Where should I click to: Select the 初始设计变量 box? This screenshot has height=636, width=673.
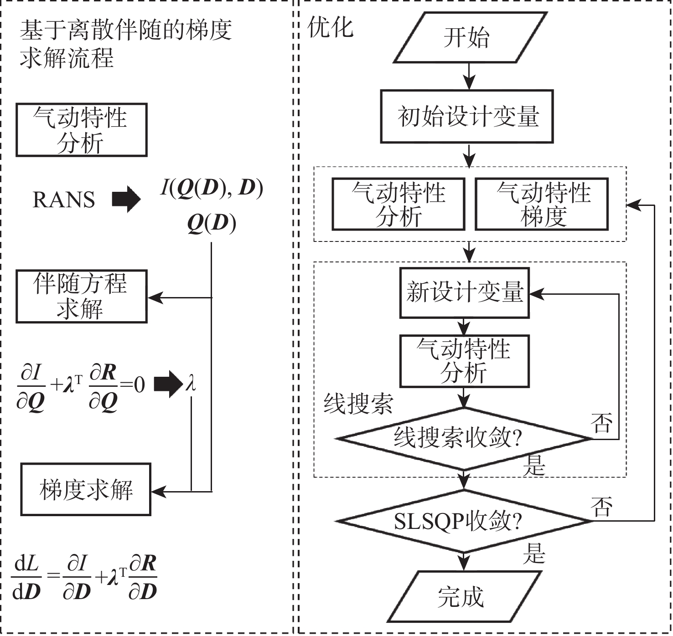467,117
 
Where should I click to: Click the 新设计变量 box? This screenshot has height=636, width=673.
464,292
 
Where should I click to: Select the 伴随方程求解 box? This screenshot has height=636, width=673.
81,297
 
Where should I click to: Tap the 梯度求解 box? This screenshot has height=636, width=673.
86,490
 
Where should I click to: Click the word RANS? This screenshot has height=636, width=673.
64,200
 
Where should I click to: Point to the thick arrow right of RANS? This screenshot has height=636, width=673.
126,199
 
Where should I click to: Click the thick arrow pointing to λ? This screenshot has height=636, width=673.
168,384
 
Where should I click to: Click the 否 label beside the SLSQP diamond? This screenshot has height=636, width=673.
601,507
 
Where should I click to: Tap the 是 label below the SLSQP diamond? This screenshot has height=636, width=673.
534,554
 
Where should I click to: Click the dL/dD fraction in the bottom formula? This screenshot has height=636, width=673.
26,578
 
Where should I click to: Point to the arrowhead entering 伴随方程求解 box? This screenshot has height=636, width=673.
155,298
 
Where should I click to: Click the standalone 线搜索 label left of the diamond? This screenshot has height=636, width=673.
358,403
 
